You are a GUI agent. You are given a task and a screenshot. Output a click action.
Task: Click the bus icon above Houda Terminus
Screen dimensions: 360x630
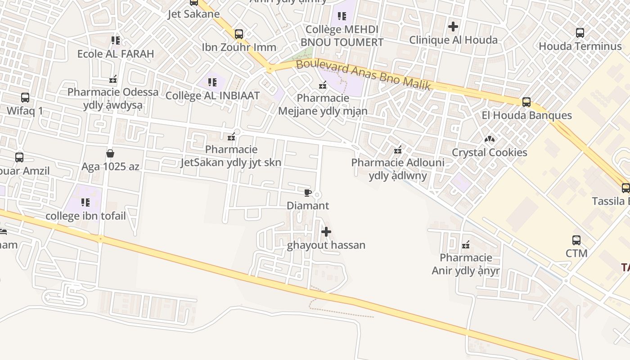click(580, 33)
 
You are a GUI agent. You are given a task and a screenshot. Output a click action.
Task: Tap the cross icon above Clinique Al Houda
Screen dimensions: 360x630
click(453, 27)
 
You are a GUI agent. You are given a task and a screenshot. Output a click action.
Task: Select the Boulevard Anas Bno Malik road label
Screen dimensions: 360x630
click(364, 74)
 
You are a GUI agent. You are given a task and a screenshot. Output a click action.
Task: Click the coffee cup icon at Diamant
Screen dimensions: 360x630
click(308, 193)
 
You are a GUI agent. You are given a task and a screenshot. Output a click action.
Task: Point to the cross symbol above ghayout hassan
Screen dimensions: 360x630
click(326, 232)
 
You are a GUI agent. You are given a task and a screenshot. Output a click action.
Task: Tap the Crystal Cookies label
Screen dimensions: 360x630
click(489, 152)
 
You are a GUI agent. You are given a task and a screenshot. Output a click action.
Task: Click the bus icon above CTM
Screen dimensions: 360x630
click(576, 240)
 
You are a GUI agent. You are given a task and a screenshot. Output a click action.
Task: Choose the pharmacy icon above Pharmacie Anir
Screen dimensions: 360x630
click(466, 245)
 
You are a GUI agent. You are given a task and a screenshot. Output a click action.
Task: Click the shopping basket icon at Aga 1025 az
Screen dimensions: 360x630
click(110, 154)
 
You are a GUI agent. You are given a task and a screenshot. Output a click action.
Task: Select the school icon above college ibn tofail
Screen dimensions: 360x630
click(85, 202)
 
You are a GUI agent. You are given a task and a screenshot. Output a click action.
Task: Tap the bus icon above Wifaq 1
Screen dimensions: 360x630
click(25, 98)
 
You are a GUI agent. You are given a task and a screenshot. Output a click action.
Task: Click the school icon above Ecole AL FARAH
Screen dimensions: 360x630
click(116, 40)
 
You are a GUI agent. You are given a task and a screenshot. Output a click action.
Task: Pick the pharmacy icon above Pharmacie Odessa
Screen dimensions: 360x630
click(113, 80)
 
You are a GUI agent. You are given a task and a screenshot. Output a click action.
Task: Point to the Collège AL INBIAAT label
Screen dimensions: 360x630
click(212, 95)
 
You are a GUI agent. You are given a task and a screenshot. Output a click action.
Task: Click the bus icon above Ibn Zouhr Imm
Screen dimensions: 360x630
click(239, 34)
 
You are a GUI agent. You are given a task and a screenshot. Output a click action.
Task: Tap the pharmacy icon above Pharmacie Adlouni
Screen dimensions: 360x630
click(398, 150)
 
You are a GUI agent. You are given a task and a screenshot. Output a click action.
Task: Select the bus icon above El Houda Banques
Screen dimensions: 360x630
click(526, 102)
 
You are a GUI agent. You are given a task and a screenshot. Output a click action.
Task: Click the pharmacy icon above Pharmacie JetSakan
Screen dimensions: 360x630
click(232, 137)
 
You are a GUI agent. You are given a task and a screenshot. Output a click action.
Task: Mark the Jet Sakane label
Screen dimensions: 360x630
click(193, 14)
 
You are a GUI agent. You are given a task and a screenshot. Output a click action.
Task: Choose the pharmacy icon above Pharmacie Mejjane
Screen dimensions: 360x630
click(323, 85)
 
